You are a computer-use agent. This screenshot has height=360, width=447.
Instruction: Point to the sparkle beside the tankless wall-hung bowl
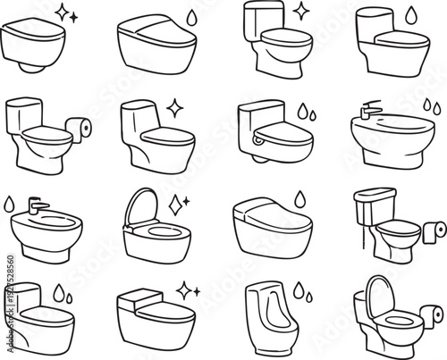(63, 13)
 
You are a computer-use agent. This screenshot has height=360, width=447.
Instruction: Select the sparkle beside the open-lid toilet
(176, 199)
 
